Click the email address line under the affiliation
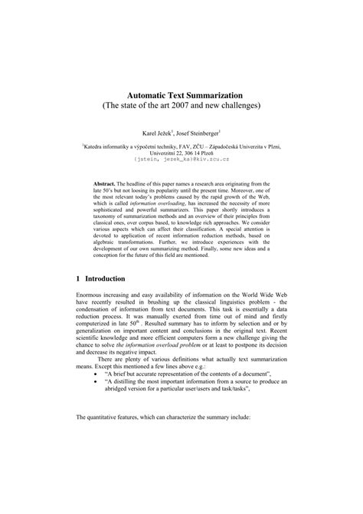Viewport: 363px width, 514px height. (x=181, y=160)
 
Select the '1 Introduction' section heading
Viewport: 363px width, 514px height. (x=105, y=278)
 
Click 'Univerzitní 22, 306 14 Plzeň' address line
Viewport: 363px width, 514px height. (x=181, y=153)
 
